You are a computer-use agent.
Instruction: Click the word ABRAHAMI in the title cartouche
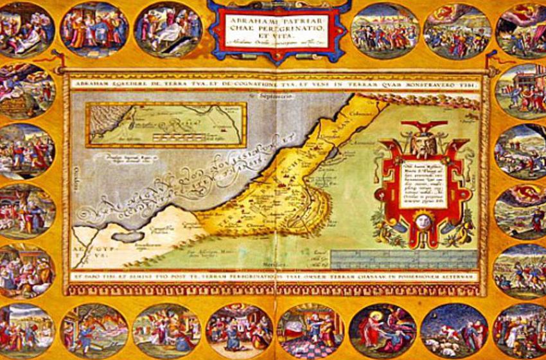pos(248,19)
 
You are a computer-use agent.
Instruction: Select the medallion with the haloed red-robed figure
pos(382,332)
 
